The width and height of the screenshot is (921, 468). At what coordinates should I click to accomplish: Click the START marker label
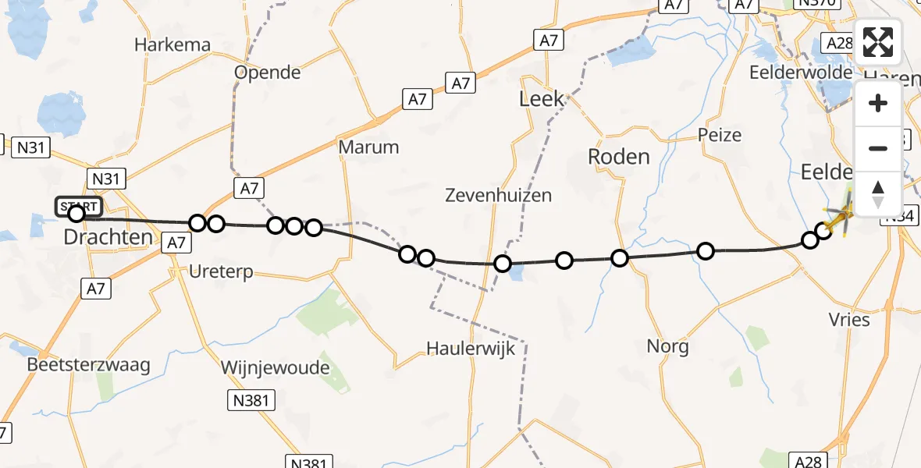[x=78, y=207]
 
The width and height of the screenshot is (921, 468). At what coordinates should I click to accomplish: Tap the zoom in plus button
[x=878, y=104]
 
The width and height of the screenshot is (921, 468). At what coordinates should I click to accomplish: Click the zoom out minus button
[x=878, y=148]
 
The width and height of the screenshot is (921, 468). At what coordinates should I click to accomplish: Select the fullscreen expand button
[x=878, y=42]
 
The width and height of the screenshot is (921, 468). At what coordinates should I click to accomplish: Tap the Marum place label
[x=368, y=147]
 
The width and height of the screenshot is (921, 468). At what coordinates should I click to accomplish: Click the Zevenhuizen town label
[x=498, y=195]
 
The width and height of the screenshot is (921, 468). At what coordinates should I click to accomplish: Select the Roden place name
[x=618, y=156]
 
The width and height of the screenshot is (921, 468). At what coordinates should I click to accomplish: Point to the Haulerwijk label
[x=471, y=348]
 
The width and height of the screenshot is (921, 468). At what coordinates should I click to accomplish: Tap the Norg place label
[x=667, y=346]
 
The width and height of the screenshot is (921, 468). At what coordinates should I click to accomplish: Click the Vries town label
[x=851, y=319]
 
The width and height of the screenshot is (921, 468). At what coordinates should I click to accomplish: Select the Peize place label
[x=720, y=135]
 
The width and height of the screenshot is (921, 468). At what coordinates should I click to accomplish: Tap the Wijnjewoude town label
[x=275, y=367]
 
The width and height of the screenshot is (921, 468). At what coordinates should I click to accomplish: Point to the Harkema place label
[x=172, y=44]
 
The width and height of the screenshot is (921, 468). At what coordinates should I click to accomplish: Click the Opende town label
[x=268, y=73]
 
